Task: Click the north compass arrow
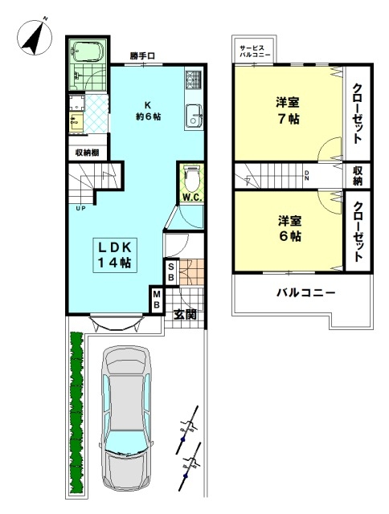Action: tap(35, 38)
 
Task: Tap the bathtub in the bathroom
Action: tap(88, 51)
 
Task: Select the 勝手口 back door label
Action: tap(141, 56)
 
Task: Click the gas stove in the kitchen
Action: tap(193, 80)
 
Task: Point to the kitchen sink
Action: tap(194, 116)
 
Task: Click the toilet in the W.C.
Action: tap(191, 179)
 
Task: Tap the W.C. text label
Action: tap(193, 198)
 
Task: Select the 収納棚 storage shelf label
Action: tap(88, 153)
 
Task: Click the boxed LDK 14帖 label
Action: tap(115, 255)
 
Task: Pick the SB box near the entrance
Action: tap(171, 272)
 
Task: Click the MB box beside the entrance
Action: tap(157, 300)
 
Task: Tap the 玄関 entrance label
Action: tap(185, 315)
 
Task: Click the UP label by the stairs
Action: tap(80, 208)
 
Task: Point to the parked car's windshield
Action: tap(126, 442)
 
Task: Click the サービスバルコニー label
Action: tap(255, 51)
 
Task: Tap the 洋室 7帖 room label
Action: tap(288, 111)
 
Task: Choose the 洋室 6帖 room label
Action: tap(289, 228)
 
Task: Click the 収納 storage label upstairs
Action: tap(357, 175)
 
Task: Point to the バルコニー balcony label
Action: tap(305, 292)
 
